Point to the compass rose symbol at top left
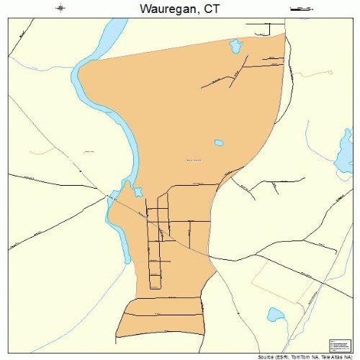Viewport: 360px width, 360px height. tap(60, 9)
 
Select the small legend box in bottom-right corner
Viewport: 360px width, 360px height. tap(338, 345)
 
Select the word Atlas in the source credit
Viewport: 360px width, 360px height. tap(341, 356)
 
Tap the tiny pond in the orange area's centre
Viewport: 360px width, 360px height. tap(218, 143)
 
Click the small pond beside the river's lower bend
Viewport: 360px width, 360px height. tap(137, 192)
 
